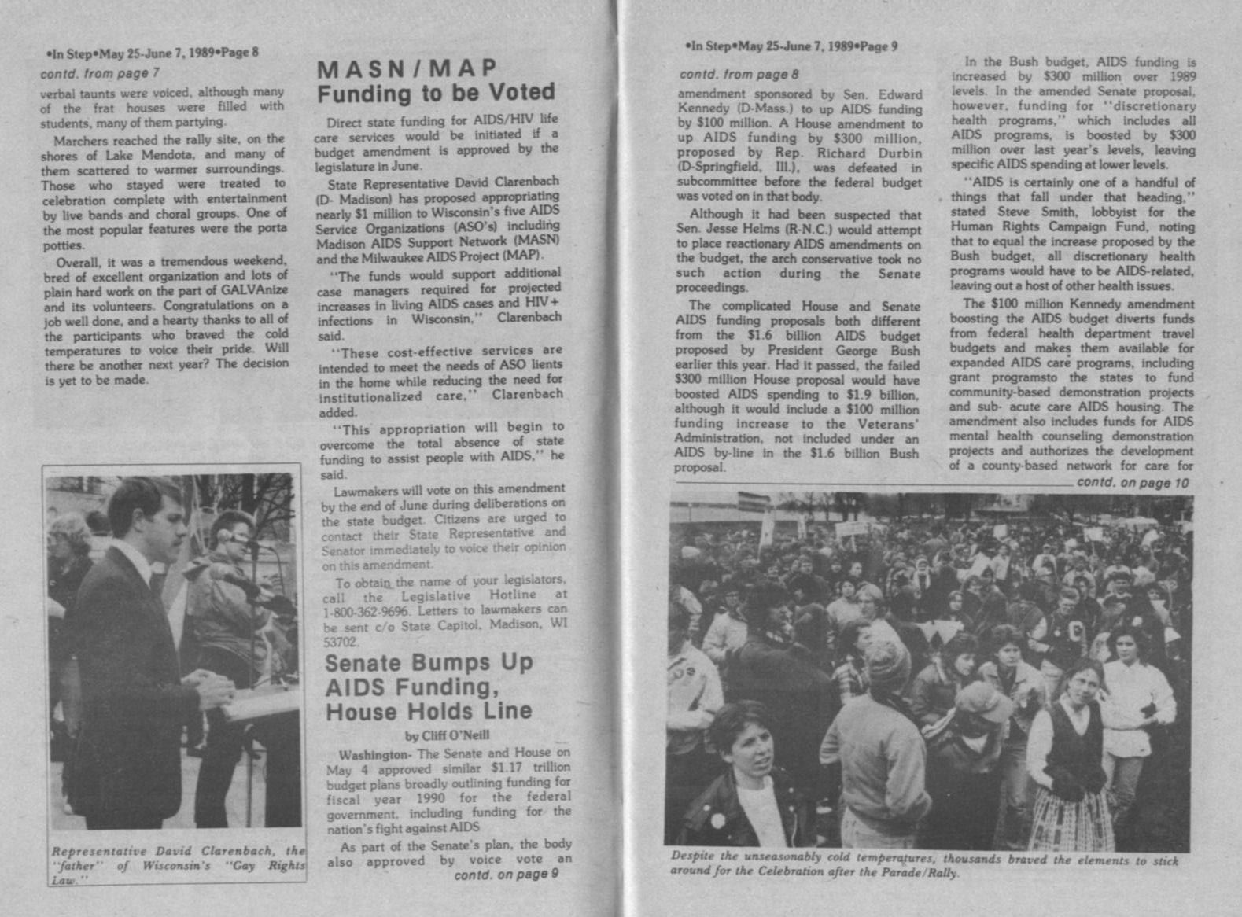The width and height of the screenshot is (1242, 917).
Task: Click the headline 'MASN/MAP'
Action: pos(407,69)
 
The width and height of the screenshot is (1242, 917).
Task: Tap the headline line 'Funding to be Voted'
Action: pos(436,94)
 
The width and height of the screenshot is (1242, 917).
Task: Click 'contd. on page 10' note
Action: pos(1133,483)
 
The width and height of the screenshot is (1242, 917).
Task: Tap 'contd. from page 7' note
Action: pos(100,73)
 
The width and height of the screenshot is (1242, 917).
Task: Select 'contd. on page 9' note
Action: pos(507,874)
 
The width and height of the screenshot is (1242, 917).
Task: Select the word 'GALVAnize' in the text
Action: pos(256,290)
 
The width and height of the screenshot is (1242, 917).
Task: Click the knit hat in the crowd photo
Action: pos(888,657)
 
